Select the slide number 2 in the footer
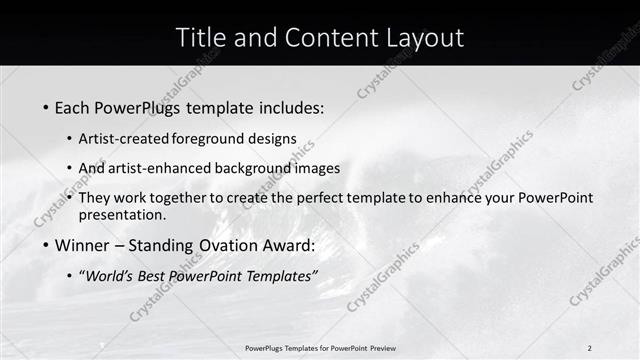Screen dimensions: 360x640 click(x=590, y=347)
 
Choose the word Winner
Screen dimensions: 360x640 click(x=82, y=245)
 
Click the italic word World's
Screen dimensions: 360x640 click(x=111, y=276)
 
